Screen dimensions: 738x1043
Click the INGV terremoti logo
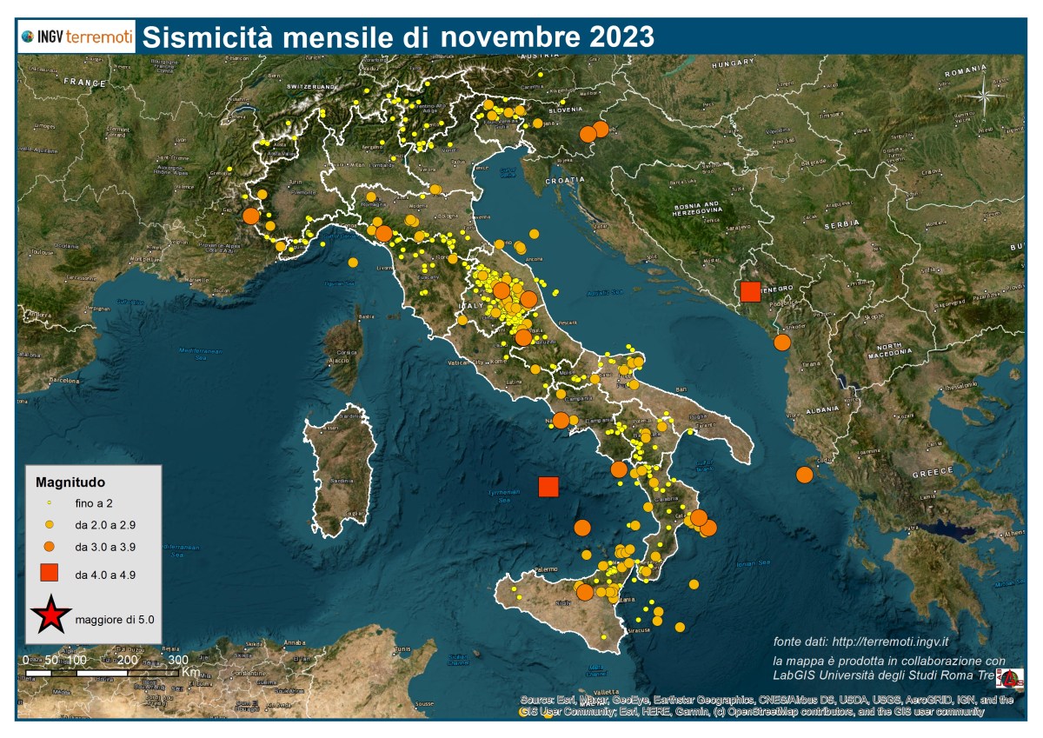pos(76,37)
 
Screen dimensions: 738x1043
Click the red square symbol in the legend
pos(50,572)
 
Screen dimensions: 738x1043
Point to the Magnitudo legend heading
pos(70,481)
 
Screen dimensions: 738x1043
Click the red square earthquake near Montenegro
pos(750,291)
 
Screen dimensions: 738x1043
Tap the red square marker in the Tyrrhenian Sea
pos(548,487)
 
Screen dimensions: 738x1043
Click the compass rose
pos(985,95)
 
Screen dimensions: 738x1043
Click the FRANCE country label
pos(84,82)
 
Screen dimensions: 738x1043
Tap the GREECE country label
pos(932,474)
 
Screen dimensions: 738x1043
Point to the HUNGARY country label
pos(733,65)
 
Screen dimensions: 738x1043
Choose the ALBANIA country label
pos(820,409)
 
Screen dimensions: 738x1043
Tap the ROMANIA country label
pos(965,69)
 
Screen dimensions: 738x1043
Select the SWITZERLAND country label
pos(311,88)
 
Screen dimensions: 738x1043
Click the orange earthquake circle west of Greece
pos(804,475)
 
